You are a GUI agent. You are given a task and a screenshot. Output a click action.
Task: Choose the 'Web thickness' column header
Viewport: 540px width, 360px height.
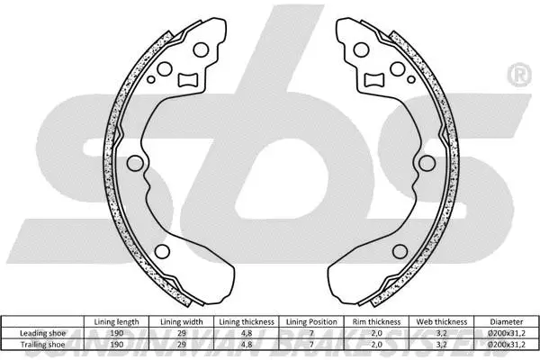tap(440, 321)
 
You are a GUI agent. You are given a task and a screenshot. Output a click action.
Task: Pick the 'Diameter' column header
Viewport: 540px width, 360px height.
tap(506, 321)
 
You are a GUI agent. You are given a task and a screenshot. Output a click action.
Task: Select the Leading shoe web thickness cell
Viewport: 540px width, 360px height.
tap(440, 332)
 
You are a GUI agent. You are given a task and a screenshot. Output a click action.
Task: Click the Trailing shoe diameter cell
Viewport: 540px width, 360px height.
tap(506, 343)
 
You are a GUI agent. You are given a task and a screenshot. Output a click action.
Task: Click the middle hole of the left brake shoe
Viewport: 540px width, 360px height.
tap(135, 163)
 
